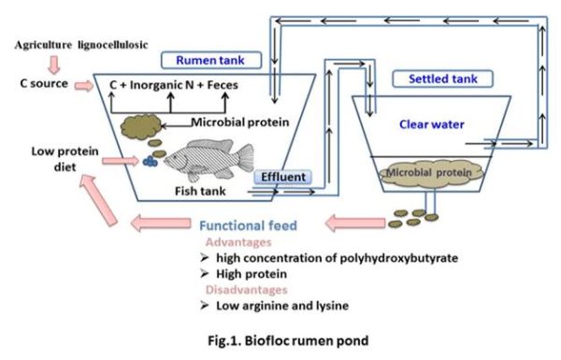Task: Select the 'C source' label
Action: [x=42, y=86]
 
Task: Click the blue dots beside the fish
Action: [x=150, y=160]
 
